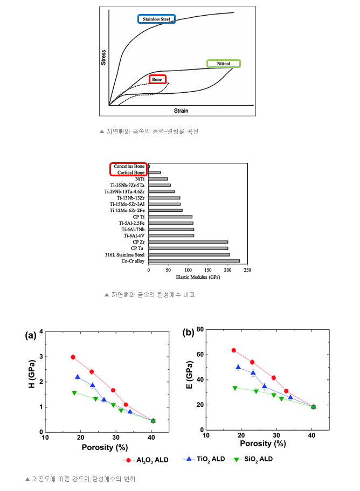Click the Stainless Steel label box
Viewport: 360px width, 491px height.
point(156,19)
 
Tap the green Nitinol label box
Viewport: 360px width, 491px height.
point(224,64)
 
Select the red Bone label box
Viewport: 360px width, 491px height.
point(157,79)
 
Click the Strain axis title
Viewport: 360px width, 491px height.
point(181,110)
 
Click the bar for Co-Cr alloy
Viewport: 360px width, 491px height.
point(193,261)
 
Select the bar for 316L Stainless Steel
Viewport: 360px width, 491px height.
point(189,254)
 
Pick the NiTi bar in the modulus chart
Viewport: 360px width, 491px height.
point(158,178)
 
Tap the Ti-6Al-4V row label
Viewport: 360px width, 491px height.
point(134,236)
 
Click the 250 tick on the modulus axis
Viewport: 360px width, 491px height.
point(247,270)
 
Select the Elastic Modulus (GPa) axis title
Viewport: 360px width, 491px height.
point(197,277)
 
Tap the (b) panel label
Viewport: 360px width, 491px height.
point(188,332)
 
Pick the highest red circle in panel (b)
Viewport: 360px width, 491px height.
point(233,350)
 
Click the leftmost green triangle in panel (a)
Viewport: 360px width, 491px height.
point(74,393)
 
